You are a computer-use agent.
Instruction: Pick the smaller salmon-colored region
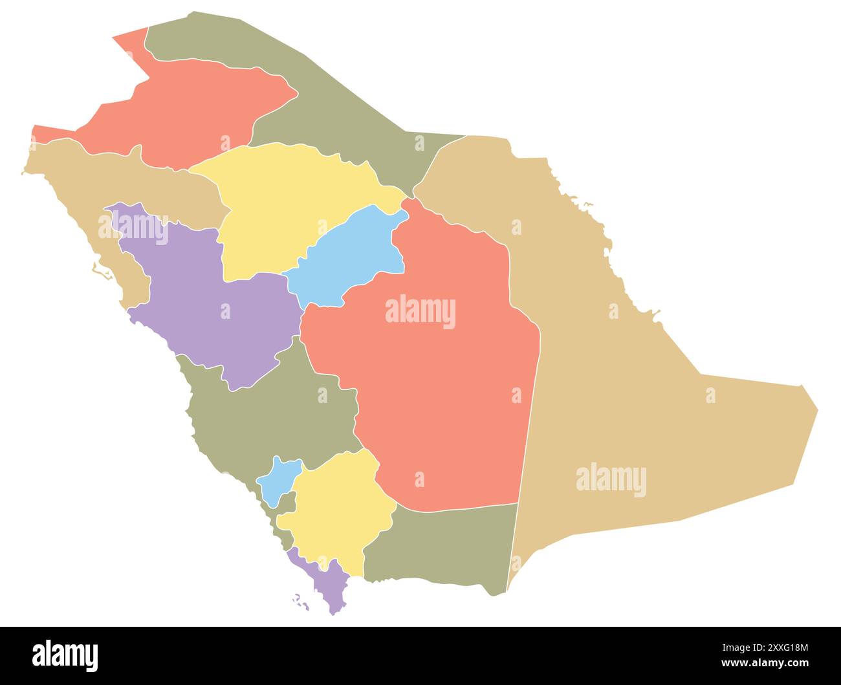[188, 110]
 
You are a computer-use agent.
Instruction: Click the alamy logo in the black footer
[65, 655]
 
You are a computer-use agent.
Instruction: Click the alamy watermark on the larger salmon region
[420, 312]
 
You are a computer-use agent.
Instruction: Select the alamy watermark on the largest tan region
[611, 480]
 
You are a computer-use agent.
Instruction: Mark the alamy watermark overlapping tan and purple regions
[133, 227]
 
